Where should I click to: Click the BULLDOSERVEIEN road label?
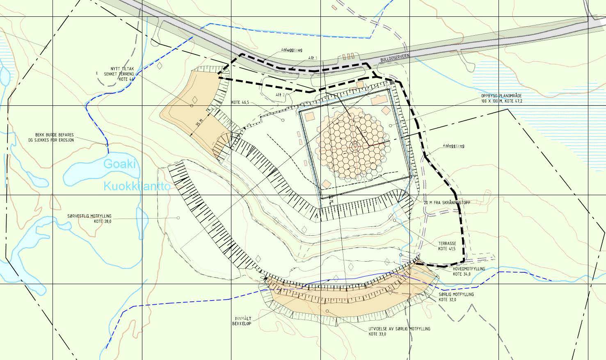395,59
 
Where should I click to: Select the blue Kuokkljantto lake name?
137,187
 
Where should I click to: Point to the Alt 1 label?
313,59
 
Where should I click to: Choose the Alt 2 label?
280,95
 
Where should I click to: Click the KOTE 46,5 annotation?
240,103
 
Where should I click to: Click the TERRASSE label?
447,244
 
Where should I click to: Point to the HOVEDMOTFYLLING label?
469,269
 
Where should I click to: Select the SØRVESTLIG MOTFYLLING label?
89,216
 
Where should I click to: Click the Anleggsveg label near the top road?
291,50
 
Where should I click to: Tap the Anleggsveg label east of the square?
453,146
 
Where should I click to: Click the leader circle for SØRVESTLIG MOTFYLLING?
178,218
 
